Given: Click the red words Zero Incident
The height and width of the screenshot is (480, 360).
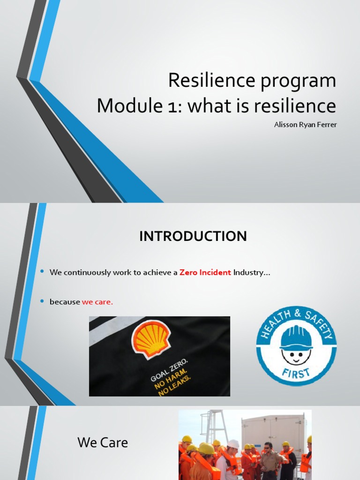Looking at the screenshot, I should click(x=205, y=273).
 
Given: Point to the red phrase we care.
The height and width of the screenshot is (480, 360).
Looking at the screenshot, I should click(x=97, y=302).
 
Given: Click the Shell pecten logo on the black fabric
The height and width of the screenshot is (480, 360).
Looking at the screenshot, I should click(x=150, y=338).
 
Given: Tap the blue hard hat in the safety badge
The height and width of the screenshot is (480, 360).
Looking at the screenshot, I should click(x=296, y=337).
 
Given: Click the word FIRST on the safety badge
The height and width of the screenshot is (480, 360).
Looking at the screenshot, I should click(x=296, y=374).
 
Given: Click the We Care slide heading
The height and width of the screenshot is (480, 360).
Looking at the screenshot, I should click(x=103, y=442).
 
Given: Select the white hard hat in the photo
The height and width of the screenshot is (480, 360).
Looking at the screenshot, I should click(x=233, y=443).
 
